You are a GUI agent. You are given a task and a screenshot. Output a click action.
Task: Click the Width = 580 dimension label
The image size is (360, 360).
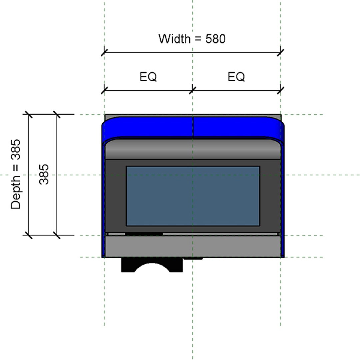[192, 39]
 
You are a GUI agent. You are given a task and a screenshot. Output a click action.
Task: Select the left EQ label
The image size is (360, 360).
[148, 77]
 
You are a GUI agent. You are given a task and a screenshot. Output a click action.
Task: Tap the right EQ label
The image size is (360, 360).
[236, 77]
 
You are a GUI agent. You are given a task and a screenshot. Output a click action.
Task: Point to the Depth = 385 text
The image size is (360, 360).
[16, 174]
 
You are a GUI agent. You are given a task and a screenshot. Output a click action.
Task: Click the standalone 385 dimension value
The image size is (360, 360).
[44, 174]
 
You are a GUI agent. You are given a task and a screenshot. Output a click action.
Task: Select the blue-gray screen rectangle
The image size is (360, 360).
[193, 196]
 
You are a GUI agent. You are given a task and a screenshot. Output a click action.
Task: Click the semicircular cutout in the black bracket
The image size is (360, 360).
[152, 268]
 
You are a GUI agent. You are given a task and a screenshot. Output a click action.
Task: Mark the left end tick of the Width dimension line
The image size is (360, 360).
[104, 52]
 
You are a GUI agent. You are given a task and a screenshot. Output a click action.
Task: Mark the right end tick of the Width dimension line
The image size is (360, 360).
[281, 52]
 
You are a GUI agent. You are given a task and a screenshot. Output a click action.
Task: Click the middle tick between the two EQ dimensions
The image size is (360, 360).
[193, 89]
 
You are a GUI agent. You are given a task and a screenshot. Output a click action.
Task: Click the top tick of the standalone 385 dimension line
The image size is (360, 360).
[57, 115]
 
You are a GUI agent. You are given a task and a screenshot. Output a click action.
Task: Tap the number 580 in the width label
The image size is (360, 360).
[215, 39]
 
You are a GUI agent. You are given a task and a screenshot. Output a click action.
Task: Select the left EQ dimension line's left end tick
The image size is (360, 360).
[104, 89]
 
